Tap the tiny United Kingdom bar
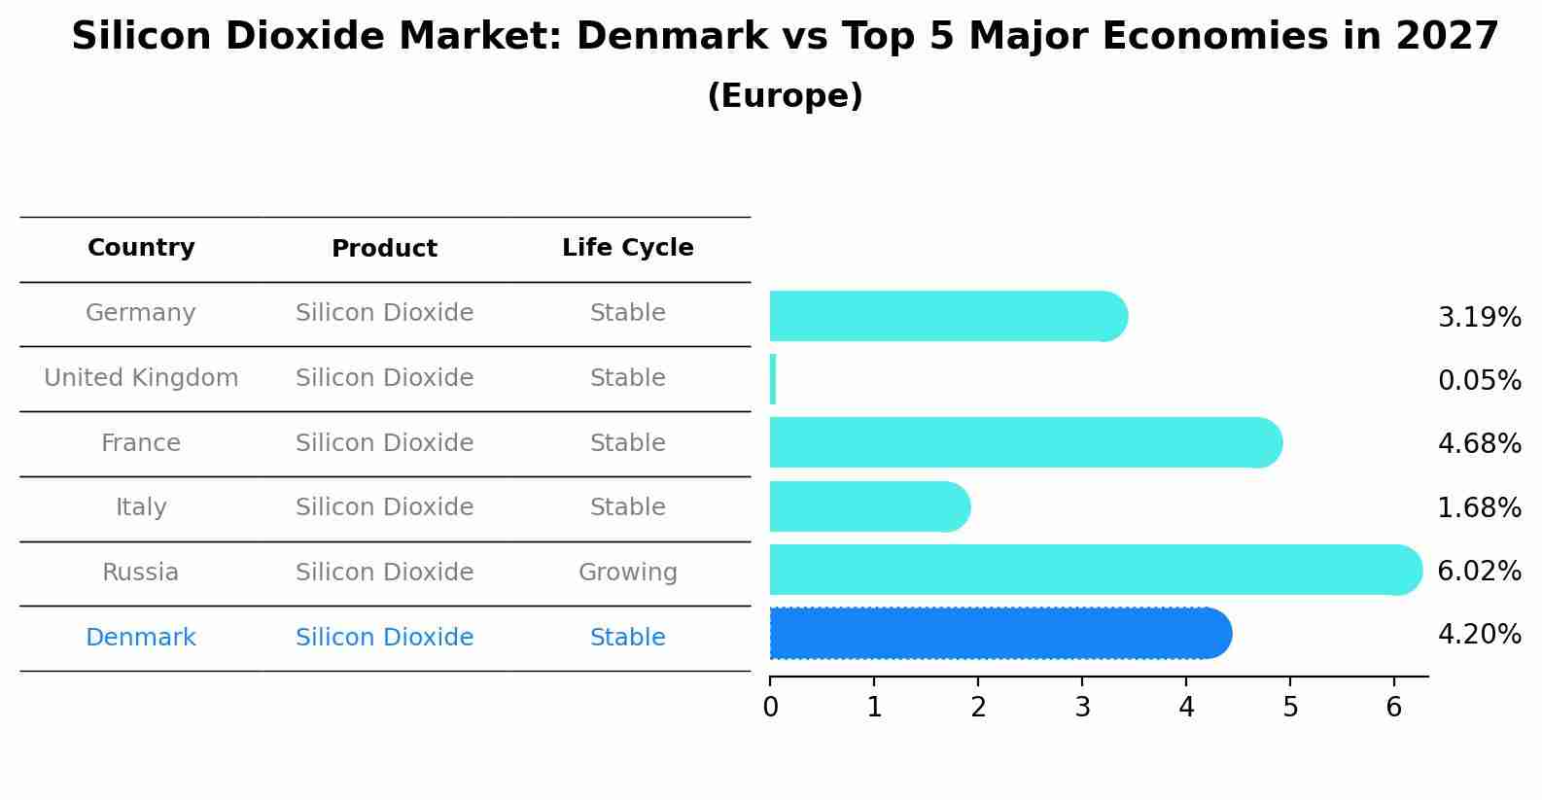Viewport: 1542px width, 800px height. (x=773, y=379)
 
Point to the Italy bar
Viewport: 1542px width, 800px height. (x=868, y=506)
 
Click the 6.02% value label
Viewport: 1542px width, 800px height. (x=1479, y=571)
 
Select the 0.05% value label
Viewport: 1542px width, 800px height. (x=1479, y=380)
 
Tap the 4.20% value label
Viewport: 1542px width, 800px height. (x=1479, y=635)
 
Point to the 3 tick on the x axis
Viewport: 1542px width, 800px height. (x=1082, y=707)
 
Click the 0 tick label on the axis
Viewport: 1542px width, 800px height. (x=770, y=707)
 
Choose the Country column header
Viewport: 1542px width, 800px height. (x=141, y=248)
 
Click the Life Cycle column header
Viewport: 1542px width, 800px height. (x=627, y=248)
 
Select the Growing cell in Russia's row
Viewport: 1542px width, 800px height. (x=627, y=573)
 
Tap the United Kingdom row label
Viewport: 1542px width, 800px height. (x=141, y=378)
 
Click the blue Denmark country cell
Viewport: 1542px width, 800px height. (x=141, y=638)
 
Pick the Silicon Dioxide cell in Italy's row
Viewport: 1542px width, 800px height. (x=384, y=507)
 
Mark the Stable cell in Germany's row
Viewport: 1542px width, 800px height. (x=627, y=313)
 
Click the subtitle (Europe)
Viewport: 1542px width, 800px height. (x=785, y=96)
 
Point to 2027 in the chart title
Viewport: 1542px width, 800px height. (x=1447, y=37)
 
